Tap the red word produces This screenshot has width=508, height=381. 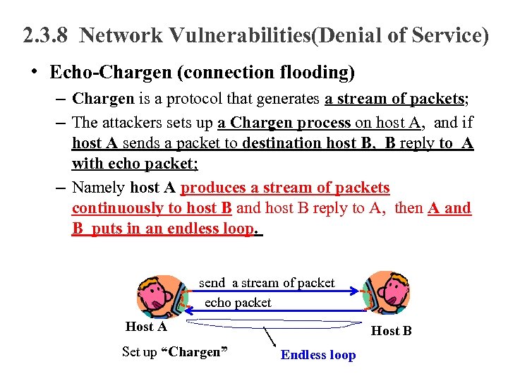[214, 188]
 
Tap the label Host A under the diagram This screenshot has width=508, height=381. [146, 327]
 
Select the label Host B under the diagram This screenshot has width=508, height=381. [392, 331]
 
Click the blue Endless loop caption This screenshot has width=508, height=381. [318, 355]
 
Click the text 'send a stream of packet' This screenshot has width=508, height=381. [267, 283]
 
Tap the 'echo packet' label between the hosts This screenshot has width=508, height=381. [238, 302]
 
